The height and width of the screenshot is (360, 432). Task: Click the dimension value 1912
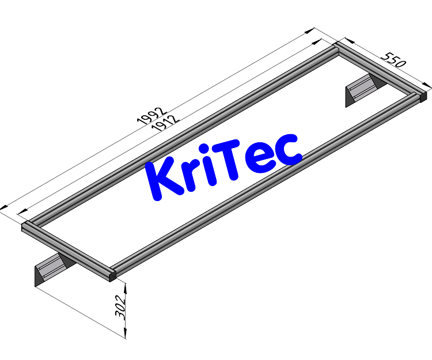pyautogui.click(x=165, y=123)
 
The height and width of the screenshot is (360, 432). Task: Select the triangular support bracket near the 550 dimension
pyautogui.click(x=362, y=89)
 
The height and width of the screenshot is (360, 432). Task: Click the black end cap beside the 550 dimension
pyautogui.click(x=422, y=96)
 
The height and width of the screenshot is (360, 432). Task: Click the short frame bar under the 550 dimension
pyautogui.click(x=380, y=69)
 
